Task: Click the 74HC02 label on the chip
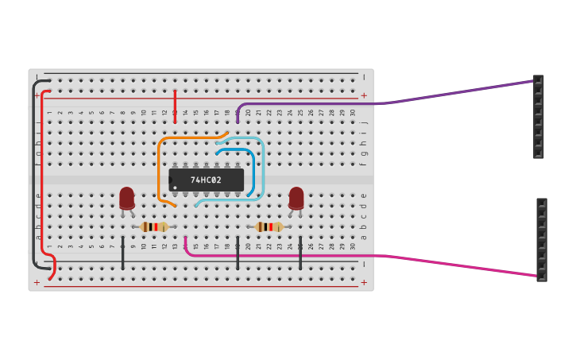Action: click(x=206, y=180)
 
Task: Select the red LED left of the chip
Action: click(x=126, y=198)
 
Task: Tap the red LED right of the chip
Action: click(x=296, y=198)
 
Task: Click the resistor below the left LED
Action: click(x=154, y=226)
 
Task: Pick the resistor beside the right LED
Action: click(x=269, y=226)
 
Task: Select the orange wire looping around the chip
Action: click(x=159, y=167)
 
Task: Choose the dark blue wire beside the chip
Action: click(x=253, y=171)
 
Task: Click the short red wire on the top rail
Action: click(x=175, y=106)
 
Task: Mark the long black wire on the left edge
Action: click(x=33, y=175)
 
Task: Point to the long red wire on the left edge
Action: click(x=41, y=175)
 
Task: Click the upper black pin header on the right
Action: click(x=538, y=117)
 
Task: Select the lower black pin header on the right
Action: click(x=541, y=239)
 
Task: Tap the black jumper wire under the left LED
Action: click(x=122, y=253)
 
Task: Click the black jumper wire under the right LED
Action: click(x=300, y=253)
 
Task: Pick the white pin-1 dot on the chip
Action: click(x=175, y=188)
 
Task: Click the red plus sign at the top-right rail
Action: click(x=364, y=95)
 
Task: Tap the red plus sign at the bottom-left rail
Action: click(x=37, y=282)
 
